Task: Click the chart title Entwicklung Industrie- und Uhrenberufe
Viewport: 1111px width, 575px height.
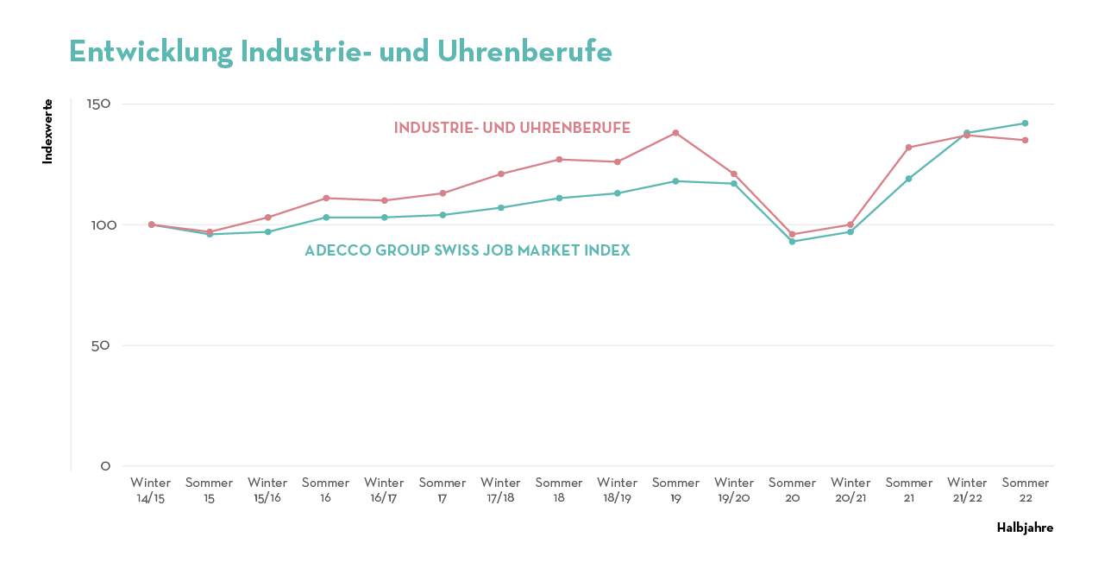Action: click(341, 52)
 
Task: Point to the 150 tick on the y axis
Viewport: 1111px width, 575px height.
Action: click(99, 104)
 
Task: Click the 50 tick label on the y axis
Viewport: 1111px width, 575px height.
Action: click(103, 345)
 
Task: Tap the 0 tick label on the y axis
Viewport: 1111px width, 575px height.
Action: click(106, 466)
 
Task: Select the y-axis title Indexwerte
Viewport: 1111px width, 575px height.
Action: click(47, 131)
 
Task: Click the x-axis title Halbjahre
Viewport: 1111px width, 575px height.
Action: click(1025, 528)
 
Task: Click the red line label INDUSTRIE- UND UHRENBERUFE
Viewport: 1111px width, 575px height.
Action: click(512, 128)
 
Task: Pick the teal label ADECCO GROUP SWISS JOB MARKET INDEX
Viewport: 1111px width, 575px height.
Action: click(467, 250)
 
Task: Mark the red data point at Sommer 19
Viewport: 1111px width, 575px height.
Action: click(675, 133)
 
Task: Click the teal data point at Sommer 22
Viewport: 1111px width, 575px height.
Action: click(1025, 123)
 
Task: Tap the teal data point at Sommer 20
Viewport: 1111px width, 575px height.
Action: click(792, 241)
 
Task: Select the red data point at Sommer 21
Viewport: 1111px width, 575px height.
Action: click(908, 148)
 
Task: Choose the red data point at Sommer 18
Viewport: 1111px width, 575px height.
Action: click(559, 160)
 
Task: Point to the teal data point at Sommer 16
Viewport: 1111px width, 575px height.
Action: click(326, 218)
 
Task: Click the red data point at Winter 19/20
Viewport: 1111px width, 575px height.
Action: click(734, 174)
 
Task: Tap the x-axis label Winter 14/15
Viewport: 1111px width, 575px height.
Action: click(151, 490)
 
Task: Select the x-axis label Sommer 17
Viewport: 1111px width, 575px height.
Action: click(443, 490)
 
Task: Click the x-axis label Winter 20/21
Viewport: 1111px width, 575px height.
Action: click(851, 490)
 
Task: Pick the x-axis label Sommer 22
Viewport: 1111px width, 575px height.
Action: click(1025, 490)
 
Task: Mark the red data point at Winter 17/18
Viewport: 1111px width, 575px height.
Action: click(500, 174)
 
